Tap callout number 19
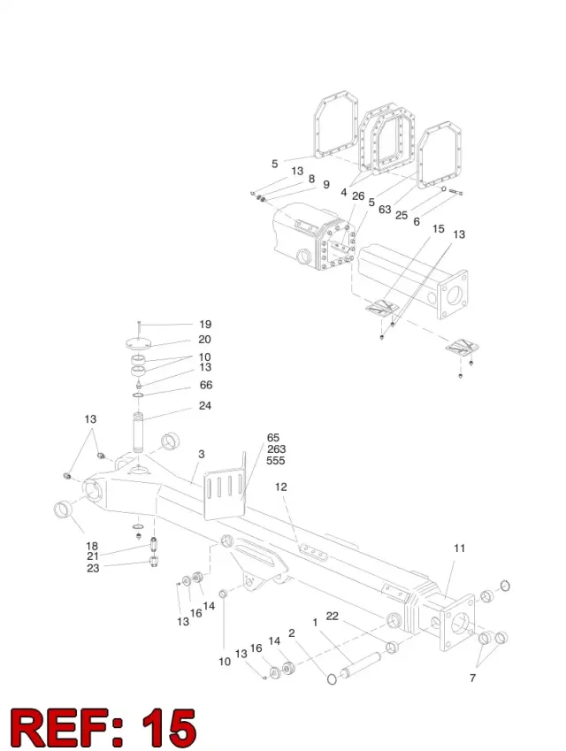point(205,325)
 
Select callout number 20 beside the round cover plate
point(204,339)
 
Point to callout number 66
point(206,385)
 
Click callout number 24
point(205,406)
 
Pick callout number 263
point(276,448)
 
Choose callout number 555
point(276,460)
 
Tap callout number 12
point(280,487)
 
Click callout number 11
point(459,548)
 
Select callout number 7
point(472,678)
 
